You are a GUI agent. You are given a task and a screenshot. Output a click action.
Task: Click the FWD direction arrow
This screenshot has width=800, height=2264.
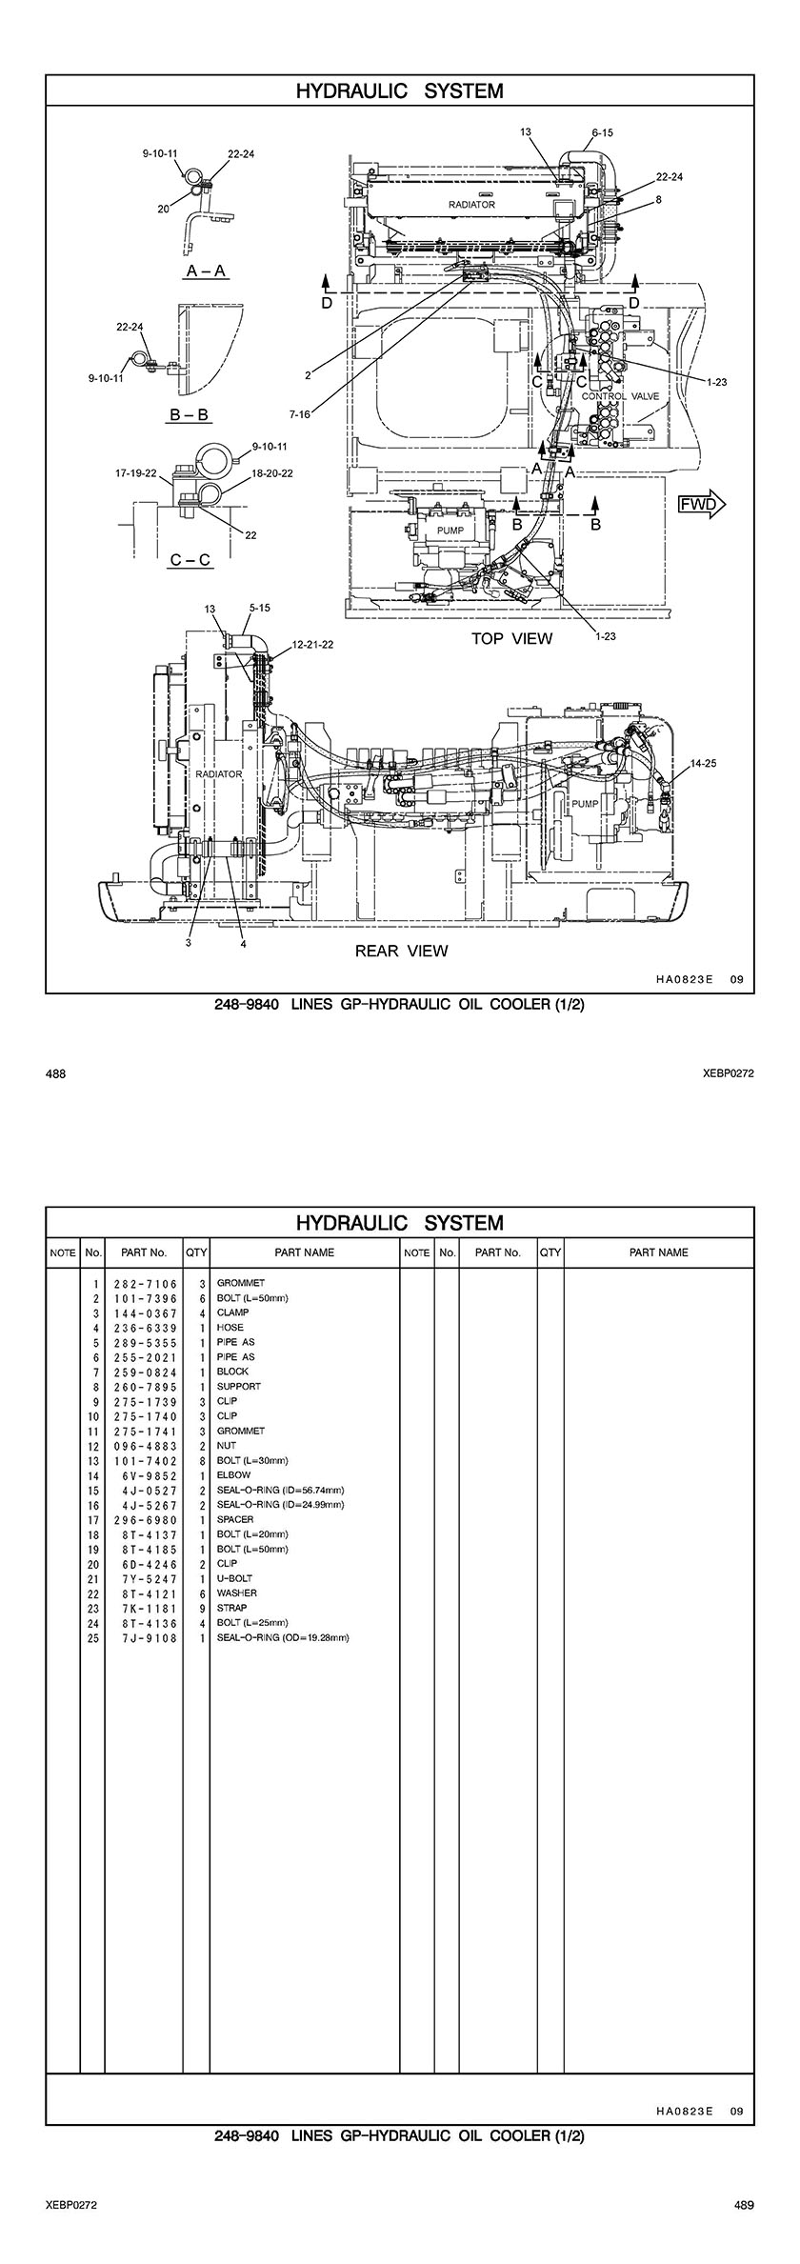coord(702,504)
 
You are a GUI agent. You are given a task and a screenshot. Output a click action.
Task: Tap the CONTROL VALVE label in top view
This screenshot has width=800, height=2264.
coord(620,396)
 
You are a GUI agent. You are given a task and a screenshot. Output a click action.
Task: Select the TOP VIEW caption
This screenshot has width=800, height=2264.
coord(511,638)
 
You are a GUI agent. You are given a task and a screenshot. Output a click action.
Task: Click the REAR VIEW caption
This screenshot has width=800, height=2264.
coord(401,951)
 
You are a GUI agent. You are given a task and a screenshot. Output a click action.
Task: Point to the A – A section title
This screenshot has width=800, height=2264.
coord(206,271)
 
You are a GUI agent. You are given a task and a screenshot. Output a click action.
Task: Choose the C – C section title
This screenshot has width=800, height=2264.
coord(190,560)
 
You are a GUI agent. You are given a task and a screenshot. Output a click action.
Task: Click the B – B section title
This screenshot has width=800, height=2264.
coord(189,415)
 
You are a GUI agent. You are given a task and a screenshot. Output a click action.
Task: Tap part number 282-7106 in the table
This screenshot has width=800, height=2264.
coord(146,1284)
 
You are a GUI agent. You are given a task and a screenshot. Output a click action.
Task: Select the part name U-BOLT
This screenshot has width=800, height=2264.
coord(233,1578)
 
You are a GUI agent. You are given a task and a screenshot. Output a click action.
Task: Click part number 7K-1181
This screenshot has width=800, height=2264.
coord(146,1608)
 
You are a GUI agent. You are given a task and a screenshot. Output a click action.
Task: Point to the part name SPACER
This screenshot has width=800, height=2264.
coord(235,1519)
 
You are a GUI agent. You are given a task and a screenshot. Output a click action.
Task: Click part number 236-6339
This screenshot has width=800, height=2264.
coord(146,1328)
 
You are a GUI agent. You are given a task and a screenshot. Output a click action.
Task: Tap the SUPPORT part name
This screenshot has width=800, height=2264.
coord(238,1387)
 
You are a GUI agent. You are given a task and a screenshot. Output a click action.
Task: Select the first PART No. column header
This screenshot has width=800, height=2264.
coord(144,1252)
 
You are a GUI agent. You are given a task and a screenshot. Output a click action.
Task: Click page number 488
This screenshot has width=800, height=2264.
coord(55,1073)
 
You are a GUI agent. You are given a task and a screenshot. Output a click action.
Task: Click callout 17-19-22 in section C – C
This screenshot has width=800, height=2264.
coord(135,472)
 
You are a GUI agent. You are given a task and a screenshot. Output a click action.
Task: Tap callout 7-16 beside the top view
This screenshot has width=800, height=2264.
coord(302,414)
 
